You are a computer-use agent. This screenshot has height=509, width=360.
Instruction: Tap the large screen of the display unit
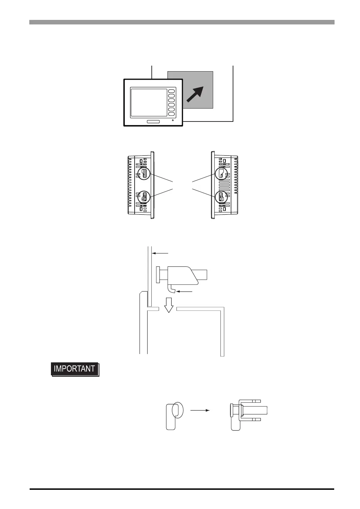click(149, 103)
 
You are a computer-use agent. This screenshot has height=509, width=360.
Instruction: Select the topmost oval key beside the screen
click(171, 91)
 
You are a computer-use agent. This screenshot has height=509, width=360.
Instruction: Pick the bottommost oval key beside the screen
click(171, 114)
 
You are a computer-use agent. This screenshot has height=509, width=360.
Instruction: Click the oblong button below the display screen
click(153, 121)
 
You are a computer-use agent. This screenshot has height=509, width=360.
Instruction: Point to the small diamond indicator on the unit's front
click(173, 121)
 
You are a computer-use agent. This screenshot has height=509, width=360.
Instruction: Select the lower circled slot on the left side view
click(144, 197)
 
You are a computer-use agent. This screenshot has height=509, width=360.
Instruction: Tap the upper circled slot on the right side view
click(221, 174)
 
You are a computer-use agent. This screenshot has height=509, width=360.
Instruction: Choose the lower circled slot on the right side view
click(221, 197)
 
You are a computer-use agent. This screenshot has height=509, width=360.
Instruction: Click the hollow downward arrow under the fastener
click(169, 304)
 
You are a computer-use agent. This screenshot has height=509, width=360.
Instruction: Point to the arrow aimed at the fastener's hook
click(185, 291)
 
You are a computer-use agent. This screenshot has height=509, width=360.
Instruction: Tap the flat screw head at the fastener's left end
click(158, 275)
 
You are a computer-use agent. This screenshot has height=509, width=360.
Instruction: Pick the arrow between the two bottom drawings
click(200, 411)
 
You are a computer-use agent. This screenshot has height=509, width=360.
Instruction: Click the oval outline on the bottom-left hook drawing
click(177, 410)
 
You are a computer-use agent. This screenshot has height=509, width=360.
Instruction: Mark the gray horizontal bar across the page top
click(181, 22)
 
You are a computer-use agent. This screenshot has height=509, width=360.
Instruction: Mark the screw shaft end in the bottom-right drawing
click(260, 410)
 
